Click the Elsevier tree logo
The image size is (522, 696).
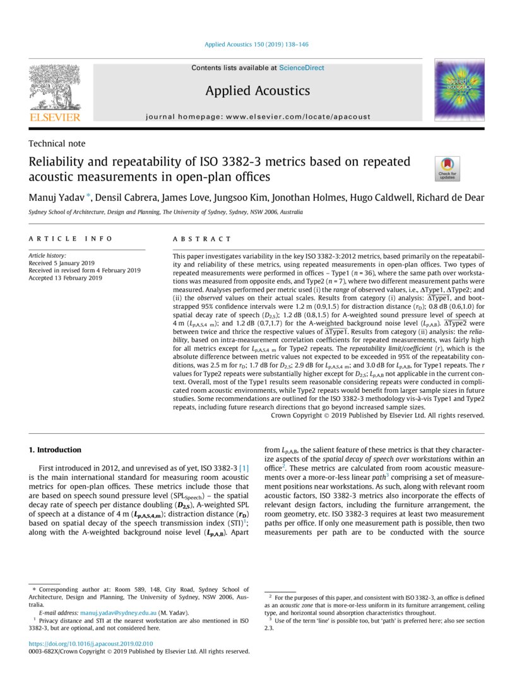[x=54, y=89]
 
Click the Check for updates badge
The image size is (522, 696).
[x=448, y=169]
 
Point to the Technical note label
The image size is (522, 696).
[x=57, y=143]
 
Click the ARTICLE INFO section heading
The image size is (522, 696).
[x=71, y=239]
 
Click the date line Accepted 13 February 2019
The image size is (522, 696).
[x=65, y=277]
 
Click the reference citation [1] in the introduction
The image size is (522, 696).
[x=243, y=467]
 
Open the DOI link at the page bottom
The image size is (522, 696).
[x=91, y=644]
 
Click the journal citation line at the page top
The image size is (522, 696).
[x=257, y=45]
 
